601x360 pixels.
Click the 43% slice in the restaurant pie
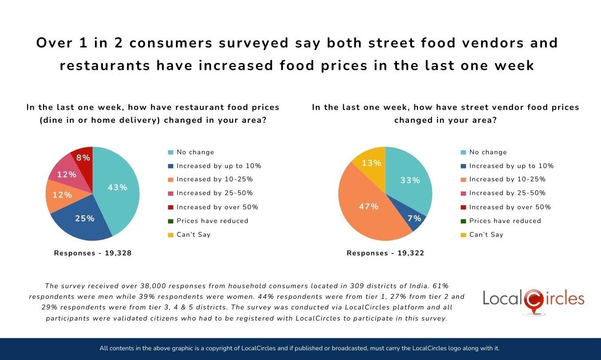118,188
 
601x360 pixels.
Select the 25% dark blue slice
84,218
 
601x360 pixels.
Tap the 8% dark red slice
83,157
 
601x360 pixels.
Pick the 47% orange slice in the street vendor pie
368,207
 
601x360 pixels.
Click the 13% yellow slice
371,163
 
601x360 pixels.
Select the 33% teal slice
410,180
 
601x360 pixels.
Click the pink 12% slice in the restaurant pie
67,174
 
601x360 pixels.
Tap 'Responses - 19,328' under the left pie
93,253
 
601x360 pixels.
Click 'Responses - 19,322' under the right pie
385,253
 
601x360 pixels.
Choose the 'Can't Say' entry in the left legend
193,235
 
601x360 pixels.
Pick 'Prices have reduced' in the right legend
505,221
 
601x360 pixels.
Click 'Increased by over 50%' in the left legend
217,207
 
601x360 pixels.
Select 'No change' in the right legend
488,152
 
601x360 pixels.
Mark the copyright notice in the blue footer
300,348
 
